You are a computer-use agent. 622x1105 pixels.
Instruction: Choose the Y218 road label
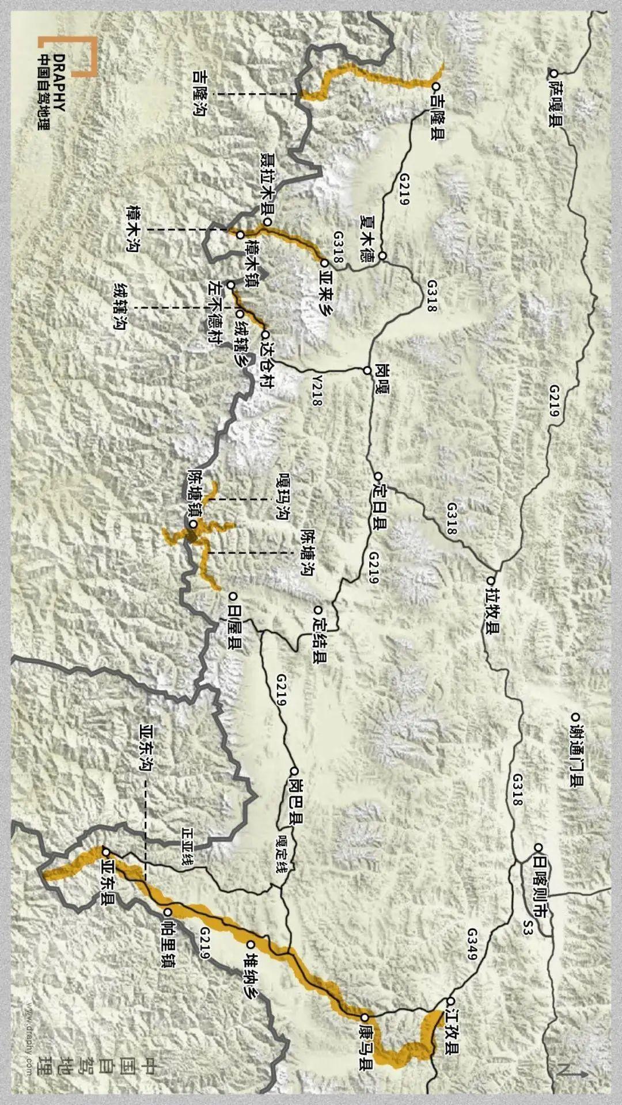click(316, 392)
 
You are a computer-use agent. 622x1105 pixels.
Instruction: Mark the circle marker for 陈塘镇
click(194, 524)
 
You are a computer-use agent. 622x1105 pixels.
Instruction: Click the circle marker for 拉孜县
click(491, 581)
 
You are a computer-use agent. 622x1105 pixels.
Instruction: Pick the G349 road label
click(472, 944)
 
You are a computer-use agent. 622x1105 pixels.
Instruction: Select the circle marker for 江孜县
click(451, 1001)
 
